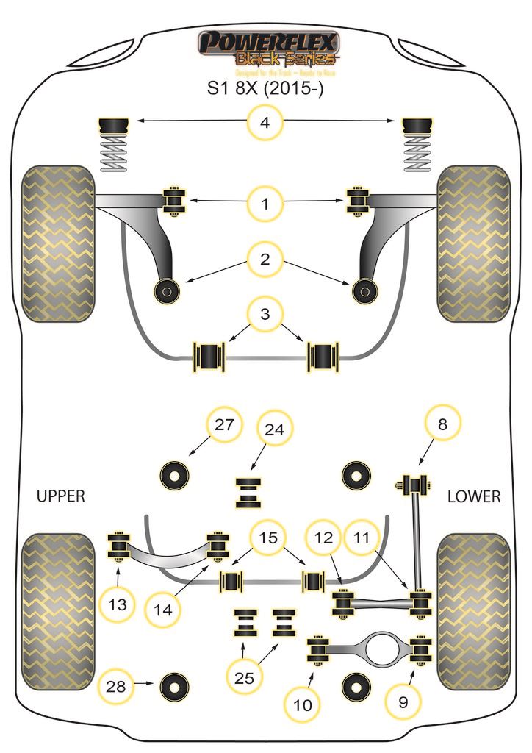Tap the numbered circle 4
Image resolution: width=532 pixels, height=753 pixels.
(265, 123)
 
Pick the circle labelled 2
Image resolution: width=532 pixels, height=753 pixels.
(265, 258)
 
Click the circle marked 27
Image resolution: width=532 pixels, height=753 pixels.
(222, 424)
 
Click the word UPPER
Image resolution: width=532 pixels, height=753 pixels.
(61, 496)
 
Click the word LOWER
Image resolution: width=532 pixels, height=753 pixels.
(474, 496)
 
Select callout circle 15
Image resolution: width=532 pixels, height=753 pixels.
(270, 538)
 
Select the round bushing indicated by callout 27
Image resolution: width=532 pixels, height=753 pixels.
(176, 474)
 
